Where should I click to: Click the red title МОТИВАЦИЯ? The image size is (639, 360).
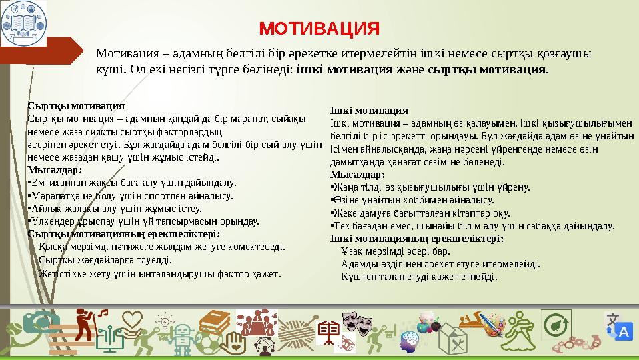(319, 29)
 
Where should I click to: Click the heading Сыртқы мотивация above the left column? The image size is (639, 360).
(76, 106)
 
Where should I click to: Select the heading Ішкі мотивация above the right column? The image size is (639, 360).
(369, 111)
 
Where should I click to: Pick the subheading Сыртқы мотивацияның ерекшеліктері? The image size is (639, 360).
(124, 234)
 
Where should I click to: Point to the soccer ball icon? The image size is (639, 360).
(211, 343)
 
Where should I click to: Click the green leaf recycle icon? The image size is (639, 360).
(554, 325)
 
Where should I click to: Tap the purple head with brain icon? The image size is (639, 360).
(408, 343)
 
